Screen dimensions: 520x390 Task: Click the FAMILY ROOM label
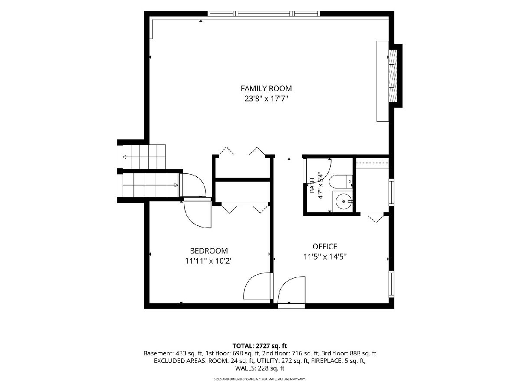click(266, 88)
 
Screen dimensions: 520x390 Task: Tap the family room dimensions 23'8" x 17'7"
click(266, 98)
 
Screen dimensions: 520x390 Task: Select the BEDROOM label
click(209, 251)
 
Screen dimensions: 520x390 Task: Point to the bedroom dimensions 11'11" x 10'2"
click(209, 261)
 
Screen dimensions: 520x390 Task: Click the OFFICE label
click(325, 247)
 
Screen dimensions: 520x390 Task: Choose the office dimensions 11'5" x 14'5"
click(325, 257)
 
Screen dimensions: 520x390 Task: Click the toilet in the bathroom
click(341, 182)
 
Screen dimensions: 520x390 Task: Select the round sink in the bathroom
click(344, 201)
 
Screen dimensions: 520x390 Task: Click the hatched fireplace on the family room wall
click(393, 76)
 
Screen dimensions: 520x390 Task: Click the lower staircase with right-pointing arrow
click(151, 185)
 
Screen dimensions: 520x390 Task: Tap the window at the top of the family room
click(263, 14)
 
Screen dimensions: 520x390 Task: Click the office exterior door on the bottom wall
click(291, 306)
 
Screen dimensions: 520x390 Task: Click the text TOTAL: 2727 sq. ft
click(260, 346)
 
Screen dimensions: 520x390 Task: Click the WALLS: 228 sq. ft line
click(260, 368)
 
